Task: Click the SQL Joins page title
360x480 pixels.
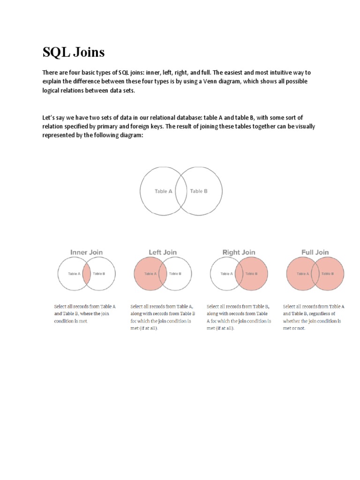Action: coord(74,52)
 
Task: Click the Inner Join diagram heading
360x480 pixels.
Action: coord(86,252)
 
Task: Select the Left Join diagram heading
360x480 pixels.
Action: coord(163,252)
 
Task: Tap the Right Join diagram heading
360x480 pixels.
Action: coord(239,252)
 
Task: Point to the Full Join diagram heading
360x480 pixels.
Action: coord(315,252)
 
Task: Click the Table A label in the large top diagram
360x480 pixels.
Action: coord(164,191)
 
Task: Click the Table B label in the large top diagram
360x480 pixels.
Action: coord(199,191)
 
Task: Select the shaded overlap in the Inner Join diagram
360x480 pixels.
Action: coord(87,274)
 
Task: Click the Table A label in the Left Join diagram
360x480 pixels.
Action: coord(151,274)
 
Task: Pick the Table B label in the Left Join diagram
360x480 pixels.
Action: coord(175,274)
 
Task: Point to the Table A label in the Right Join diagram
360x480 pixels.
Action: coord(227,274)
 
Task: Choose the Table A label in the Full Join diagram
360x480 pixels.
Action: coord(303,274)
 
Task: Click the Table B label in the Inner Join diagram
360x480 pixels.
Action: coord(98,274)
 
